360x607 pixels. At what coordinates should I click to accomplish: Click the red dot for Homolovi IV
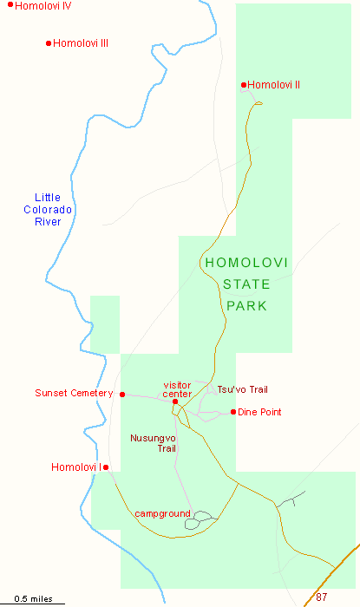pyautogui.click(x=10, y=5)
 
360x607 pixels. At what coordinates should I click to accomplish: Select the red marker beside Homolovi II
pyautogui.click(x=244, y=85)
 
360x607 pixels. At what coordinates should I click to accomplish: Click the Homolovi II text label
pyautogui.click(x=274, y=85)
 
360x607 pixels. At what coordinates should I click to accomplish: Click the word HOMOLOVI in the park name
pyautogui.click(x=248, y=263)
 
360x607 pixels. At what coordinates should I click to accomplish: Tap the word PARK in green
pyautogui.click(x=248, y=306)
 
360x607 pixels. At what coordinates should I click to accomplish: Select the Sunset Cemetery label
pyautogui.click(x=74, y=393)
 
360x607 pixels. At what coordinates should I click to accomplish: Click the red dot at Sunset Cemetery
pyautogui.click(x=122, y=395)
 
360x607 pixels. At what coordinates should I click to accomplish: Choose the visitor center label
pyautogui.click(x=177, y=389)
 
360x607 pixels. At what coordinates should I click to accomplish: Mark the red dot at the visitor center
pyautogui.click(x=175, y=401)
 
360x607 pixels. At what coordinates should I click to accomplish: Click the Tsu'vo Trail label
pyautogui.click(x=236, y=389)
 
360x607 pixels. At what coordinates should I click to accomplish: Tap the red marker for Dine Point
pyautogui.click(x=232, y=412)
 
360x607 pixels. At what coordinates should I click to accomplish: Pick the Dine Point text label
pyautogui.click(x=259, y=412)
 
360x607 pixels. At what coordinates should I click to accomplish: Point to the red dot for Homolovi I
pyautogui.click(x=106, y=467)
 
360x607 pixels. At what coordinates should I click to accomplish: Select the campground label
pyautogui.click(x=162, y=514)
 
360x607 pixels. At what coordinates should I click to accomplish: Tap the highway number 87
pyautogui.click(x=322, y=597)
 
